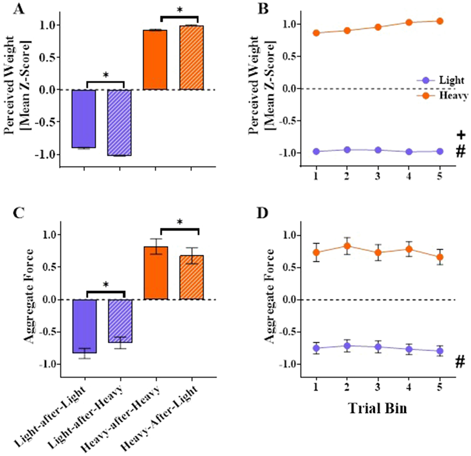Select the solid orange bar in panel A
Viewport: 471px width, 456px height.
(x=155, y=60)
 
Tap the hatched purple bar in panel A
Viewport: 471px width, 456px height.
(x=119, y=123)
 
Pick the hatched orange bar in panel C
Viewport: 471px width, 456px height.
(x=191, y=277)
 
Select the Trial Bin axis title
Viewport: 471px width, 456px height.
(x=377, y=408)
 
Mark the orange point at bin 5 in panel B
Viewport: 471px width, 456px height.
(x=440, y=21)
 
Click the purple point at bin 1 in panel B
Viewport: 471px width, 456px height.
(x=316, y=151)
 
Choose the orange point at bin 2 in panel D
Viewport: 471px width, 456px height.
(x=347, y=246)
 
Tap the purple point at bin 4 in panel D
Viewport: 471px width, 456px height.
(x=409, y=349)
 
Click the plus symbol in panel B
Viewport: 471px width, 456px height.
(x=461, y=135)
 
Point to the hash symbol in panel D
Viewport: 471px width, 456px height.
(x=460, y=363)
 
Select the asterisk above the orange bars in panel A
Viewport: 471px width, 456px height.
(x=180, y=10)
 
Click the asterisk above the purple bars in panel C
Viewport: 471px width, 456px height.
(x=106, y=285)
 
